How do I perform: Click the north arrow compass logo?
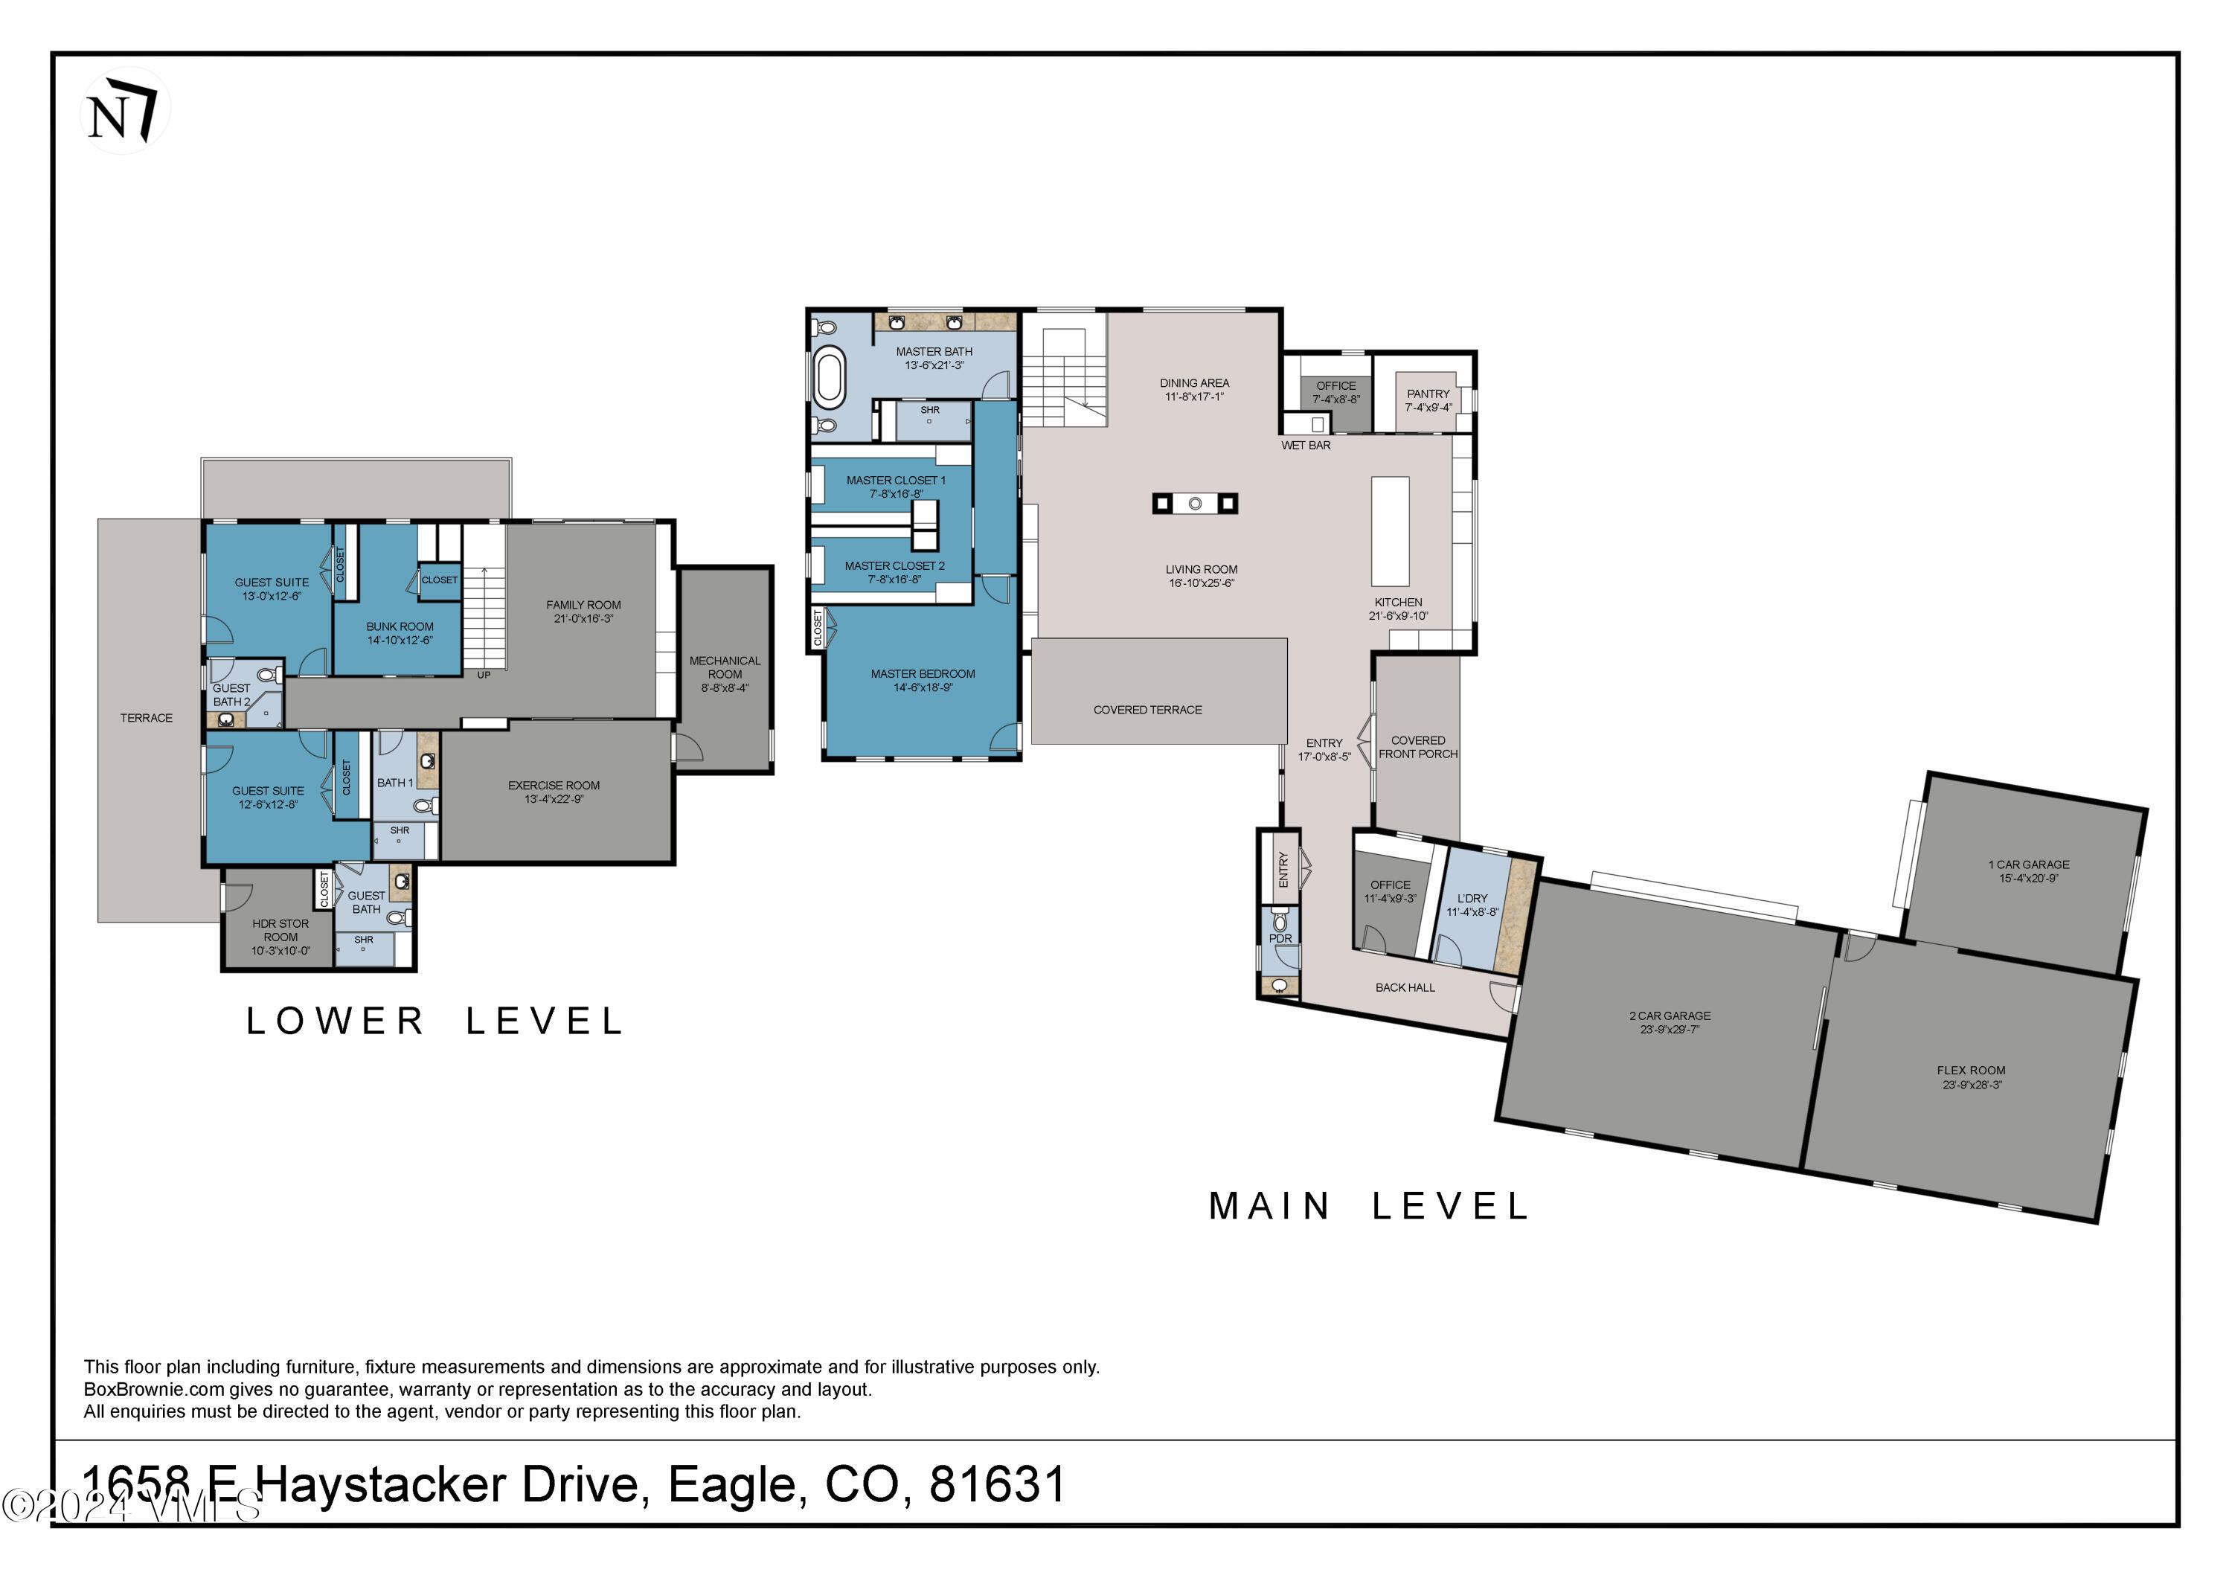124,110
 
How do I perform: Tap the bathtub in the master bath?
830,377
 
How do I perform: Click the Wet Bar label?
1306,446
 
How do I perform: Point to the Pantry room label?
1428,394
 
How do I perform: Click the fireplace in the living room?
1195,503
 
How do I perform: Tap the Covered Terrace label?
1147,710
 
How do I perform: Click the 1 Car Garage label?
2028,865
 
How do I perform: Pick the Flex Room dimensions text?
1972,1084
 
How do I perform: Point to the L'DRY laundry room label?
1472,899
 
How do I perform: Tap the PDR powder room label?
1280,938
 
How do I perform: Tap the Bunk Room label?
400,627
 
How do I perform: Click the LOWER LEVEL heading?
434,1021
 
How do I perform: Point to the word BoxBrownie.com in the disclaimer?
153,1389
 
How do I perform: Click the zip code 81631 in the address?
996,1486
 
